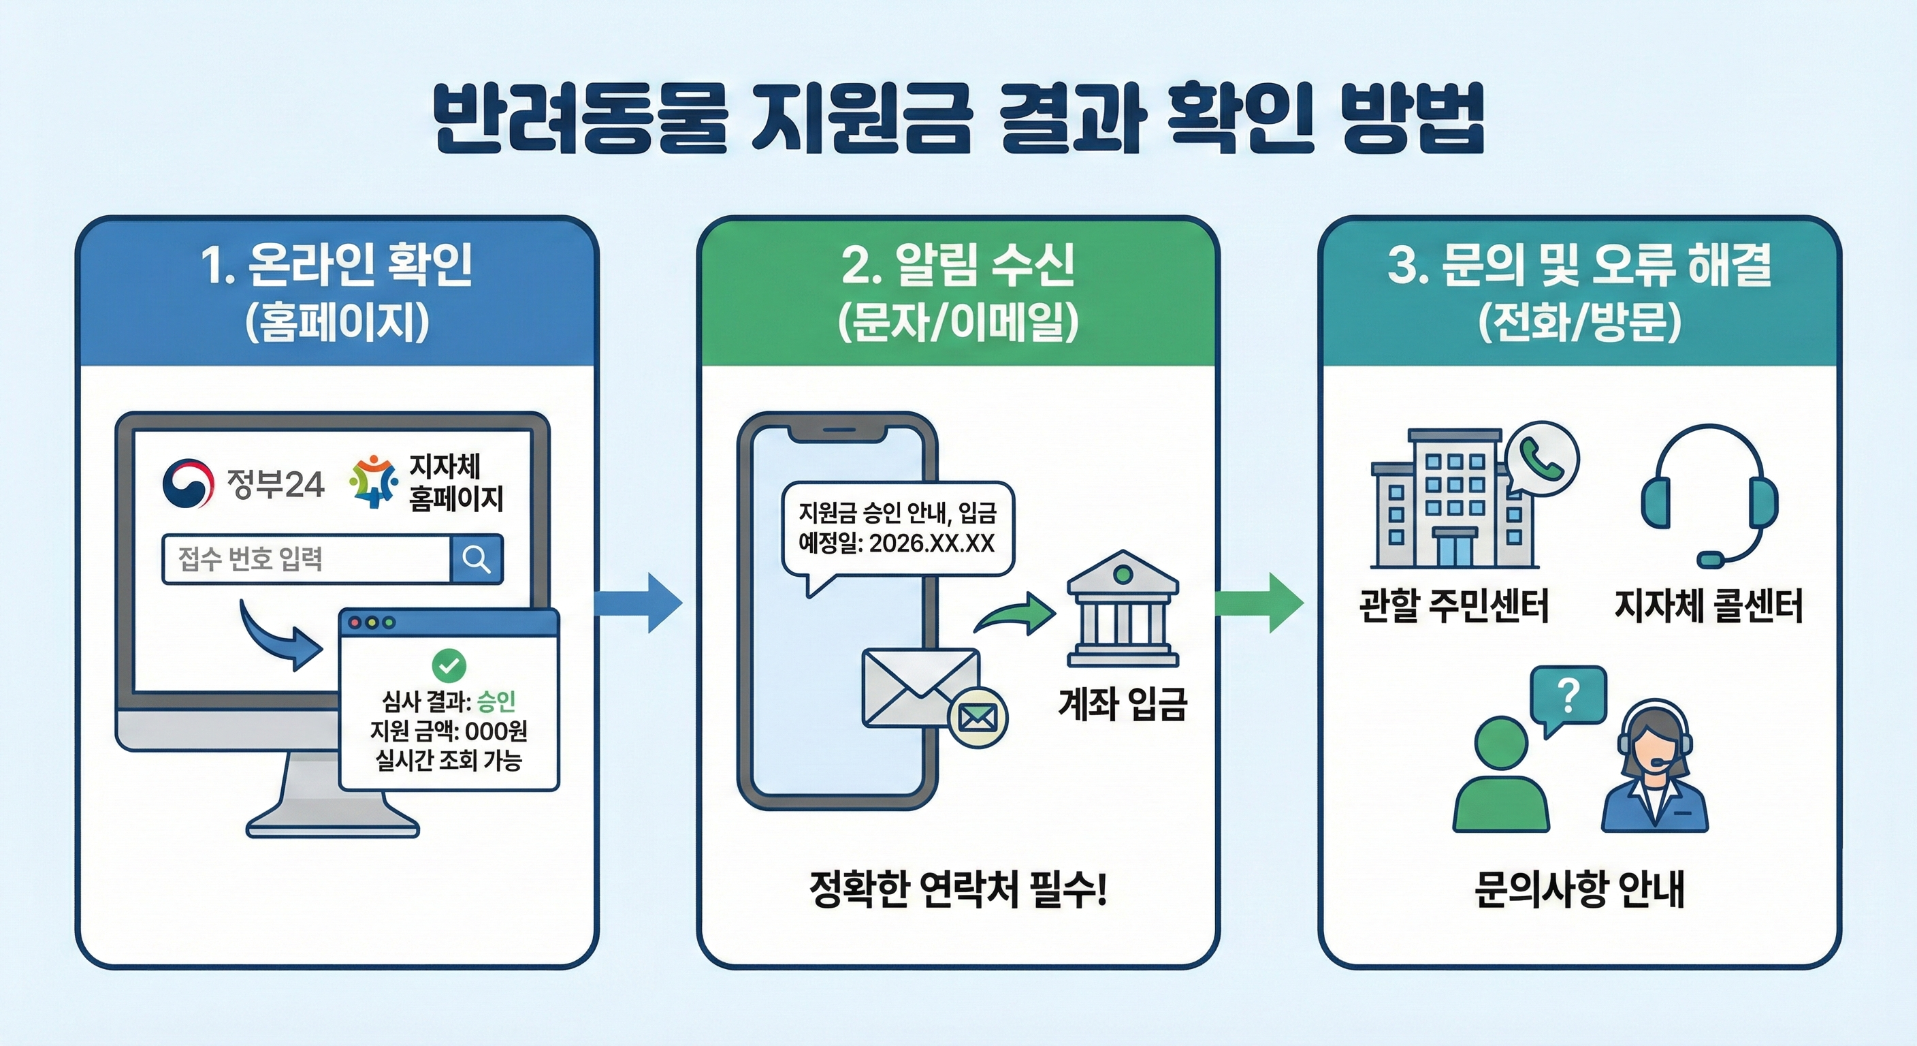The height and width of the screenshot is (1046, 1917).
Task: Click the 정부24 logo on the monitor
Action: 242,484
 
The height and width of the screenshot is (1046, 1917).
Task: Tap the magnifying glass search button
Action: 477,558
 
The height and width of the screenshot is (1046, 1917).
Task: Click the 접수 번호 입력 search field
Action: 306,558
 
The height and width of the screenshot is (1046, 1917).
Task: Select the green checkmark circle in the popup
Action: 449,665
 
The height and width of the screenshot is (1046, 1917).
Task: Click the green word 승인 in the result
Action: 496,701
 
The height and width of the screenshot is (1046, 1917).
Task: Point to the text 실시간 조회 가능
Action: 449,760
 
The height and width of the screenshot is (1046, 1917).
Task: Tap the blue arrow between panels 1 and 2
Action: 639,603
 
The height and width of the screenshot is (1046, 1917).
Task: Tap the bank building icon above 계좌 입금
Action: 1122,608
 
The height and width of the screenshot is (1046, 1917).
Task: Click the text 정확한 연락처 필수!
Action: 958,889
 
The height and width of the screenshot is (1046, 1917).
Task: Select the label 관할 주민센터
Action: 1453,606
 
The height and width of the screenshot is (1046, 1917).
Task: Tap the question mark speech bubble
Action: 1568,696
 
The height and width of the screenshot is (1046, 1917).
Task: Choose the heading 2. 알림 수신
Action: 958,265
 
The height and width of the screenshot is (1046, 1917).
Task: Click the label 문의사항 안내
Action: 1579,889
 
